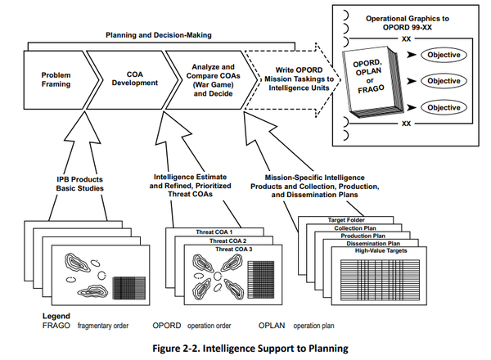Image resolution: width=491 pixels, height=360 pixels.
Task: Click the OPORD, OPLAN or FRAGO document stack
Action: (x=367, y=82)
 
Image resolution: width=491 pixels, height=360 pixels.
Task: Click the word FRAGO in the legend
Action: (x=32, y=326)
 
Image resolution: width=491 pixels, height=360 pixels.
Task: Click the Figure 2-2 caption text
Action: (x=245, y=349)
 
